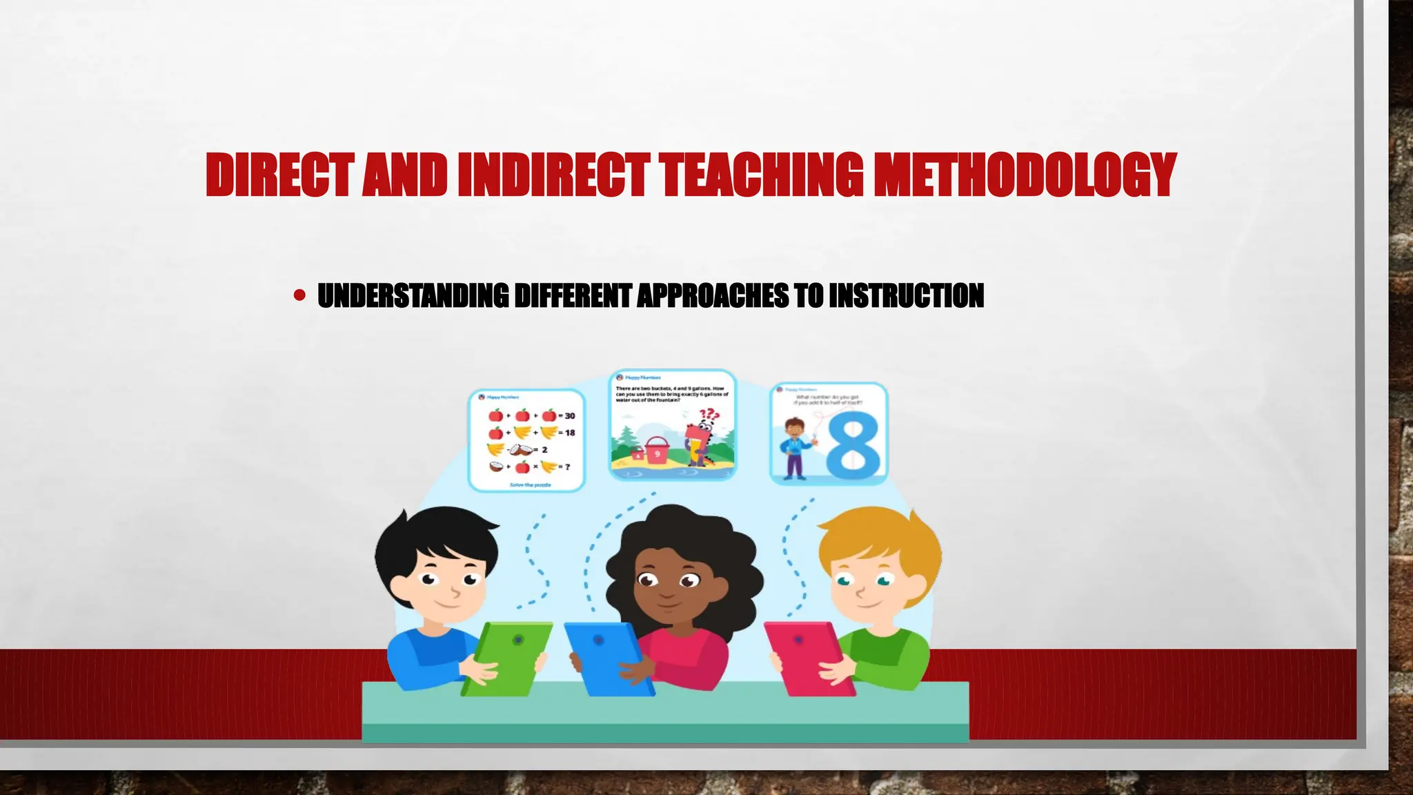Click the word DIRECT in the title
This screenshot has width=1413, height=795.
[280, 175]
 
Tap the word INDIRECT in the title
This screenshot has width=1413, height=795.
[552, 175]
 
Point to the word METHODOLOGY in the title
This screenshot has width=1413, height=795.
[1024, 175]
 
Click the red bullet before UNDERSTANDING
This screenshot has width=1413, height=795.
[299, 296]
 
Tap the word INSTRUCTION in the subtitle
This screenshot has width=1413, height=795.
[906, 296]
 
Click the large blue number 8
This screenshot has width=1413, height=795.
[853, 445]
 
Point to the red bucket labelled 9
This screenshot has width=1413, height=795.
[656, 453]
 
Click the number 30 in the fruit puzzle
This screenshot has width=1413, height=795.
[569, 416]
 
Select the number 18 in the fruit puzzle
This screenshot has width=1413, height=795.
[569, 433]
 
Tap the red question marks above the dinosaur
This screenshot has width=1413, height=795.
[709, 415]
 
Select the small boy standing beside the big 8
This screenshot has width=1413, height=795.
[795, 449]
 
